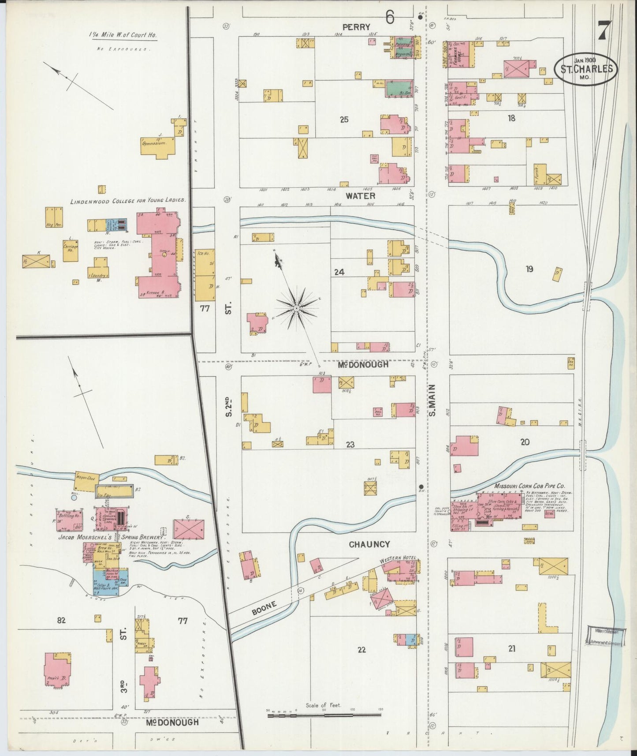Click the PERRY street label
click(x=356, y=27)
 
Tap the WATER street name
click(x=360, y=195)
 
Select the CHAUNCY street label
click(x=369, y=544)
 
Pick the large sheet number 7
click(x=604, y=31)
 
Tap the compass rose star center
click(x=297, y=307)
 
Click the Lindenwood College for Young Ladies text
click(x=128, y=200)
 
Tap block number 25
click(x=344, y=119)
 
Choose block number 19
click(x=529, y=268)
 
